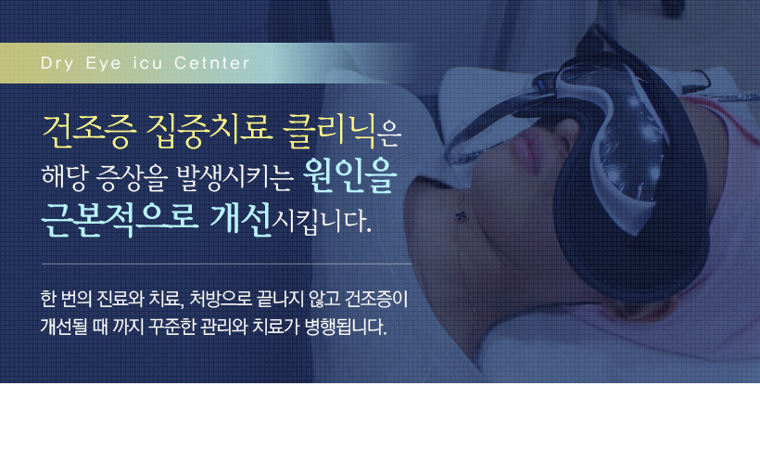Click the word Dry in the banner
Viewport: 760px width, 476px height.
57,64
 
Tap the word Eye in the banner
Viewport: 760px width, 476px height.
103,64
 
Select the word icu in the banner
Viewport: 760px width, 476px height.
147,63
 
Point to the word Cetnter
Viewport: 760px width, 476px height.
212,62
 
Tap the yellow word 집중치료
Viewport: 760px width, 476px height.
209,131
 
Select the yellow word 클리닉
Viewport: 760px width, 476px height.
329,131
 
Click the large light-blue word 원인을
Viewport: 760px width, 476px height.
350,175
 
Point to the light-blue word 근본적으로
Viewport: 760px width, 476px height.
120,220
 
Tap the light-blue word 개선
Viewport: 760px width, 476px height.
240,220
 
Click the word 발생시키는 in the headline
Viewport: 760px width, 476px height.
234,177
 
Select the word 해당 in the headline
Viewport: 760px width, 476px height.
64,176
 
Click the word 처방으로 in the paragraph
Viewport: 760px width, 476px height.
221,299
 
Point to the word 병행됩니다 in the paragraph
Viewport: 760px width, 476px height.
346,327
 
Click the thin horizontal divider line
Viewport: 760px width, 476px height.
227,264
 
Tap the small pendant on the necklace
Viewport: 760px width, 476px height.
461,216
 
